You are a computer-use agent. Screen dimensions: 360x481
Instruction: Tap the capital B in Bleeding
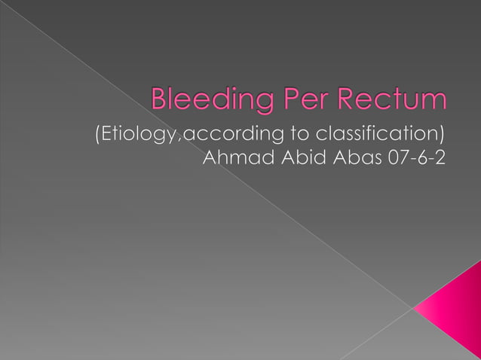(160, 99)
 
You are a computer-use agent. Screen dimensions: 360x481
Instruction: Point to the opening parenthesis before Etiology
(94, 136)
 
